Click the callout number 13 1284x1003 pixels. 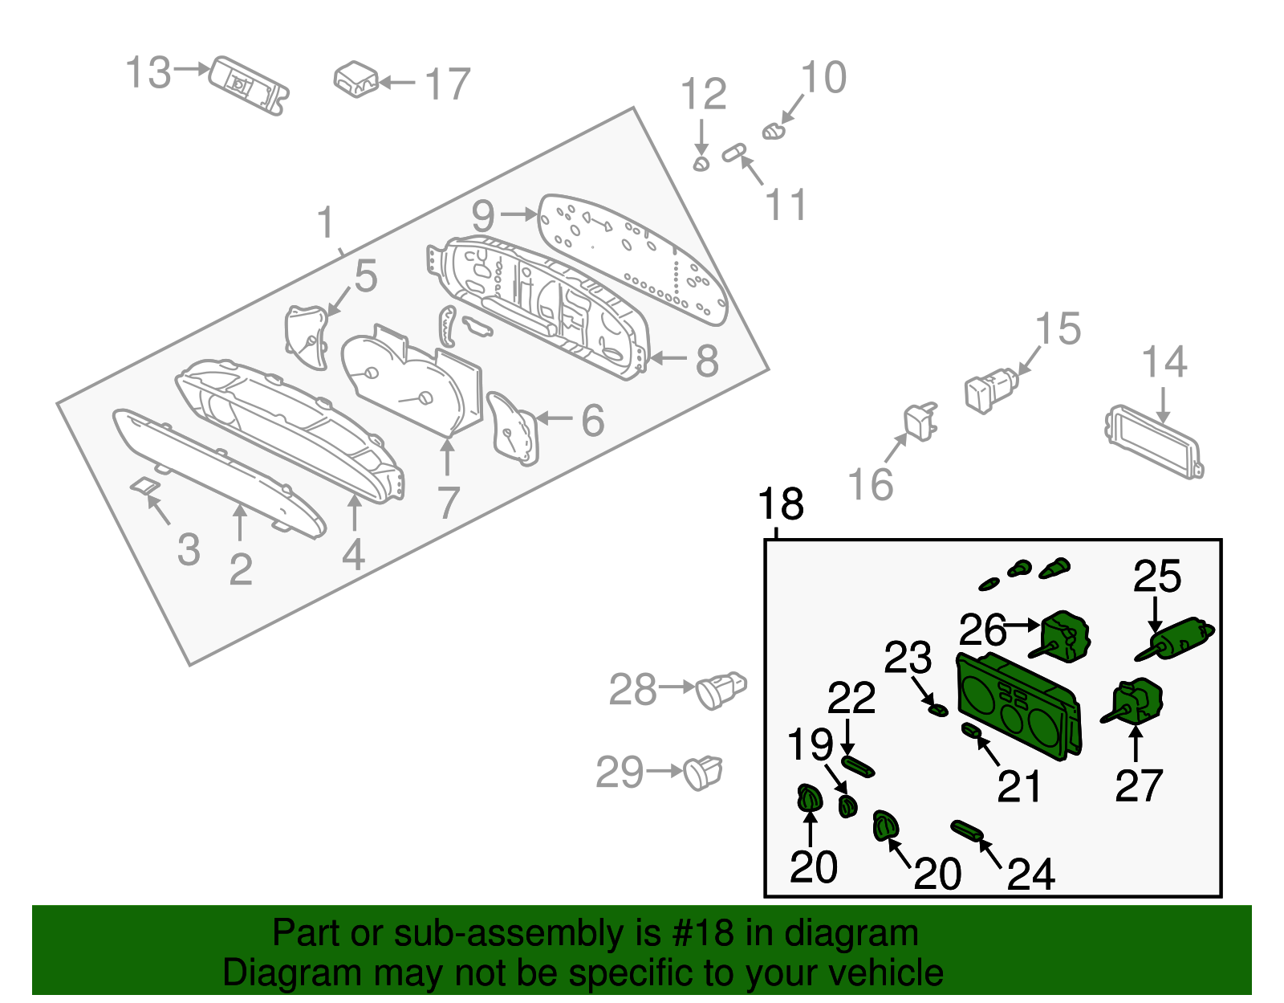[148, 73]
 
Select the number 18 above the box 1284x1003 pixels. [780, 505]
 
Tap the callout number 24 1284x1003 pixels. [1030, 875]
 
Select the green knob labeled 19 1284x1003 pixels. [847, 805]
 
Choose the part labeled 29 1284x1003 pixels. [703, 773]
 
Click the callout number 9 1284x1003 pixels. [483, 215]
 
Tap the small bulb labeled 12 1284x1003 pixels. [701, 164]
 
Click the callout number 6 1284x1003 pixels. [592, 420]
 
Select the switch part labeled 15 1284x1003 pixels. [990, 389]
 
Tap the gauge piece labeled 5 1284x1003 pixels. [308, 336]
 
